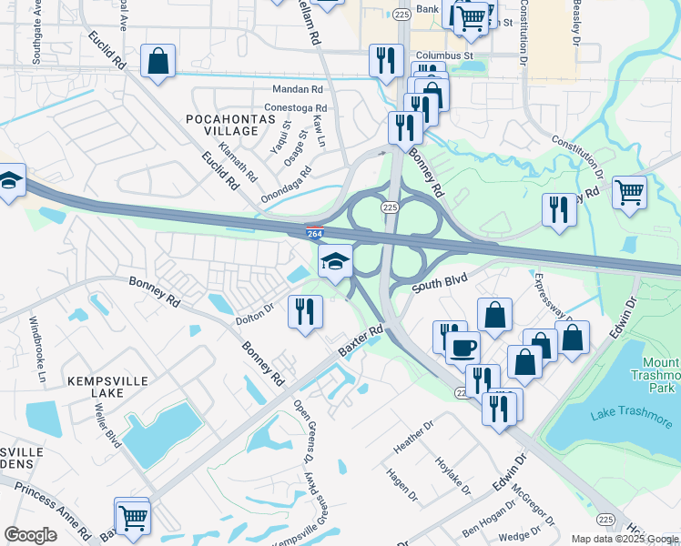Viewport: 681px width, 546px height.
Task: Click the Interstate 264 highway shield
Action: (314, 234)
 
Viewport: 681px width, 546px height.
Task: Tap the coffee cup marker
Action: (462, 347)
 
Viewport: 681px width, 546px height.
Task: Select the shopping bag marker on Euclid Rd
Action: (158, 63)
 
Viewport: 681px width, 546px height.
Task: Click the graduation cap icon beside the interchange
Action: (335, 262)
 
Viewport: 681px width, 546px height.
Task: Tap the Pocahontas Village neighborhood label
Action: (222, 126)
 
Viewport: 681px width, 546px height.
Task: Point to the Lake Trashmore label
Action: (618, 415)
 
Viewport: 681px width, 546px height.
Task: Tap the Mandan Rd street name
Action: (298, 90)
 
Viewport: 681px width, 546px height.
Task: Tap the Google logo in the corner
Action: (30, 535)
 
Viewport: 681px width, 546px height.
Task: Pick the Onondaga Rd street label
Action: (286, 183)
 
